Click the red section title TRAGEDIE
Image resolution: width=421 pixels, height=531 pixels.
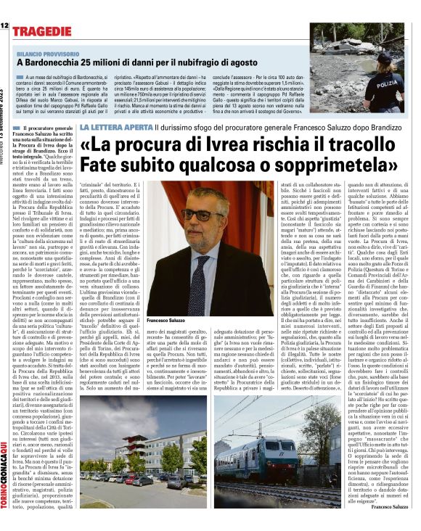click(x=45, y=30)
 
